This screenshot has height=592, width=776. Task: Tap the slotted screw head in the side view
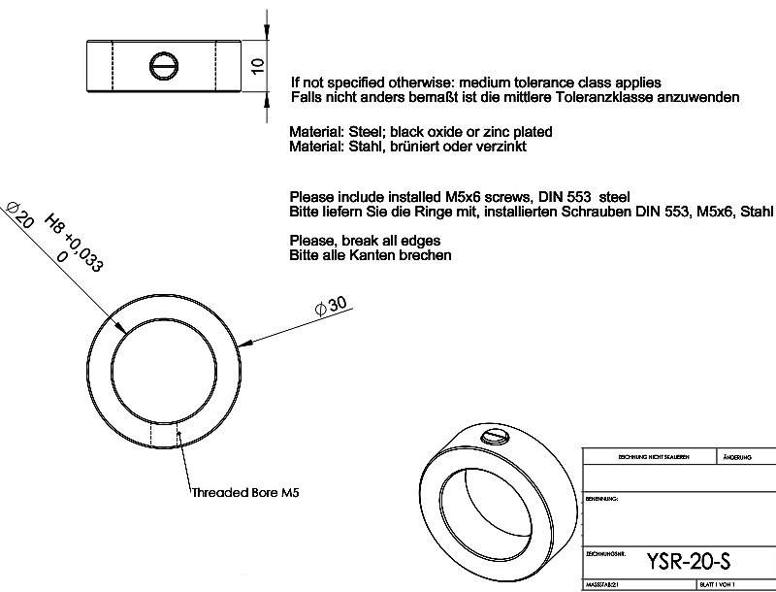tap(162, 65)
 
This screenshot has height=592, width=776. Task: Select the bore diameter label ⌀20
tap(20, 214)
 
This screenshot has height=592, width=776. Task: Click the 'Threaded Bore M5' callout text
tap(244, 492)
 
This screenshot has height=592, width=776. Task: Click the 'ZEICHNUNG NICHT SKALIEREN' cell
tap(645, 456)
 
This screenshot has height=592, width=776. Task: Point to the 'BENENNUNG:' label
tap(603, 497)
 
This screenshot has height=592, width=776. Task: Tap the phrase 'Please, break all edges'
tap(366, 240)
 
